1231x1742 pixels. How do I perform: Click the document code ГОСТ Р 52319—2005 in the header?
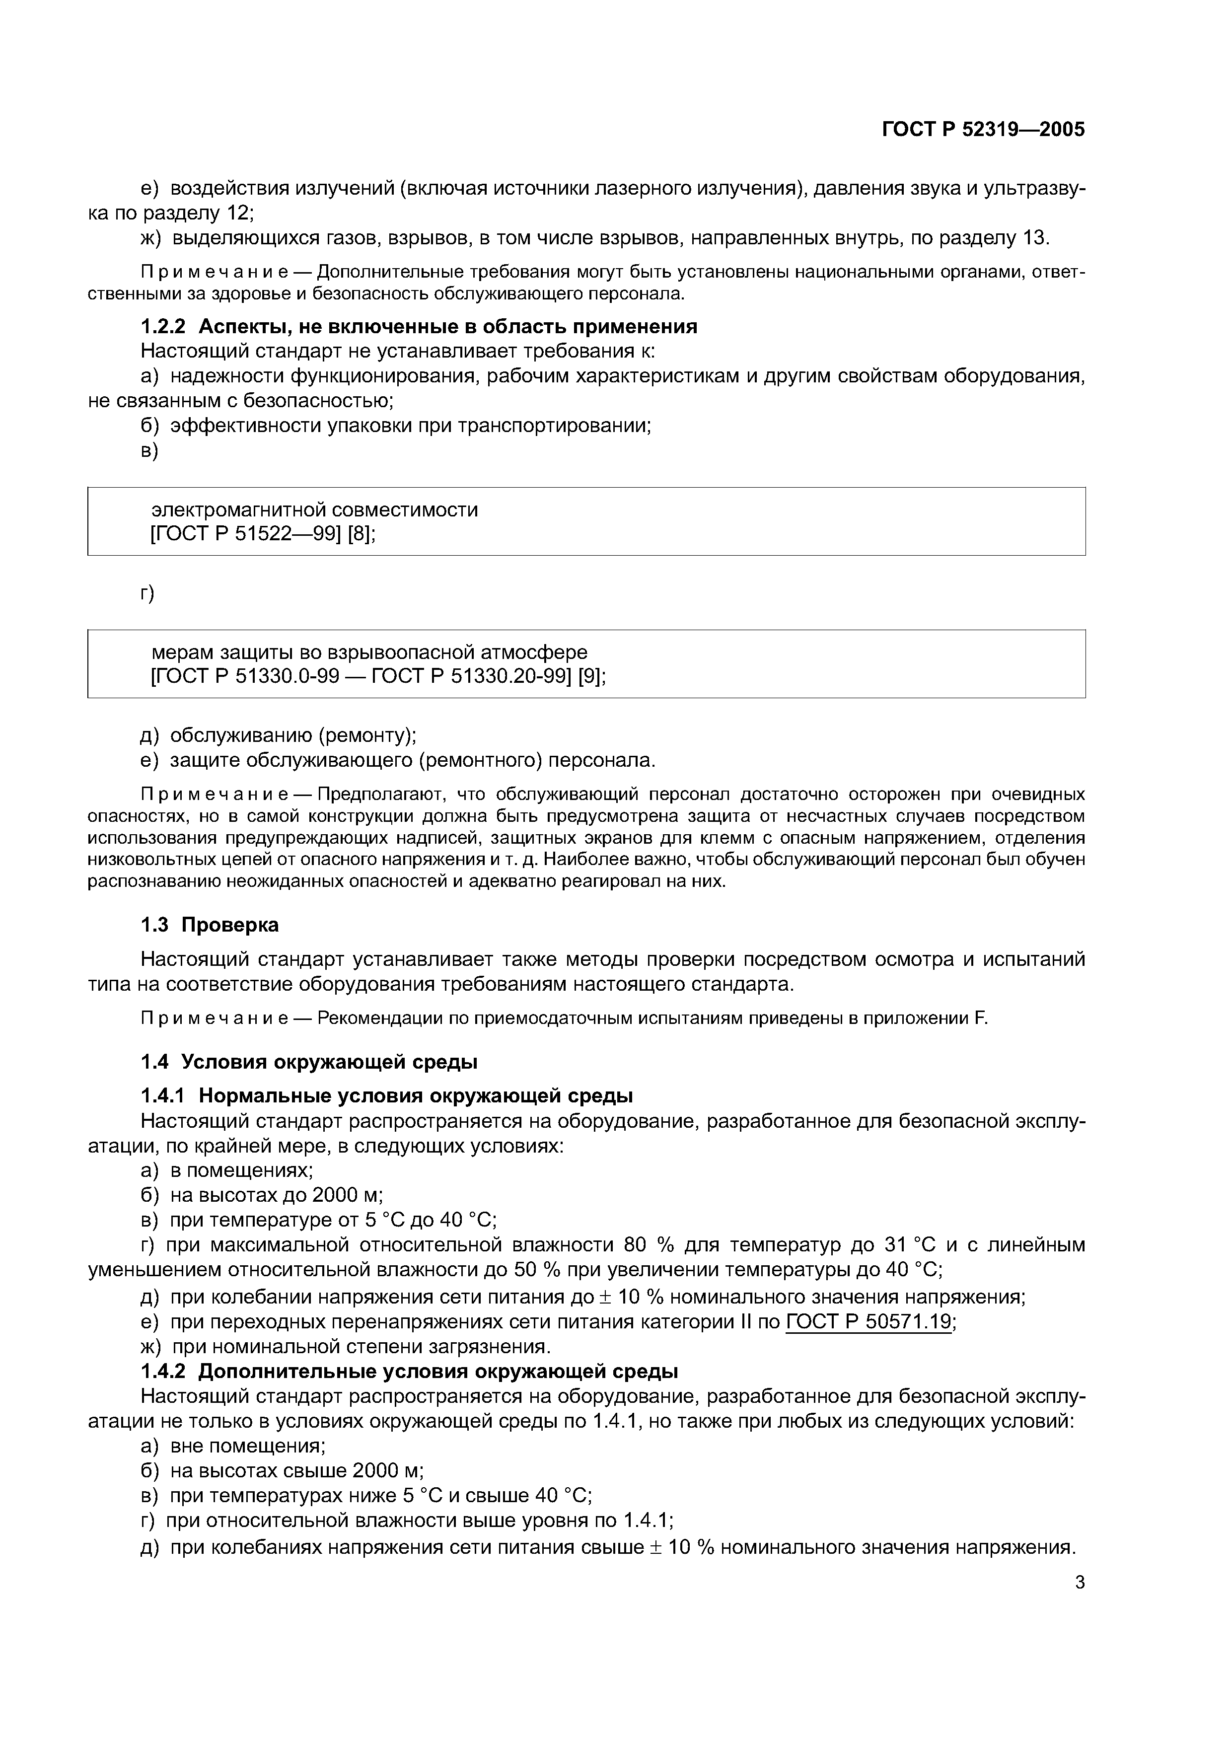coord(984,130)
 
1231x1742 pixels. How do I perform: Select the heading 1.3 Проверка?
coord(210,925)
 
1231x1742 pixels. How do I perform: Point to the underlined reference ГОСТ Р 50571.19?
coord(869,1322)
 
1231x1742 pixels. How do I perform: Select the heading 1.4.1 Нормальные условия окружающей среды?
coord(387,1096)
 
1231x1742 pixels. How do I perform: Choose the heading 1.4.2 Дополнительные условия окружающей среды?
coord(410,1372)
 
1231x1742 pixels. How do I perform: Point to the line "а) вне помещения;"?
coord(233,1446)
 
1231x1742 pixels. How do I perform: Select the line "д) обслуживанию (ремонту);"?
coord(279,735)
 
